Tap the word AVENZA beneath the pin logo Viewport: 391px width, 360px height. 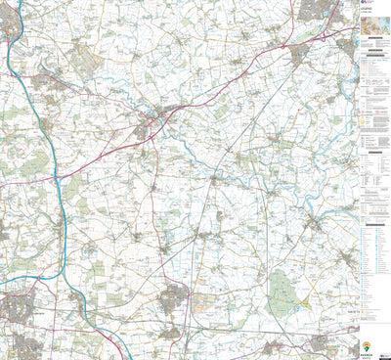[x=367, y=353]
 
